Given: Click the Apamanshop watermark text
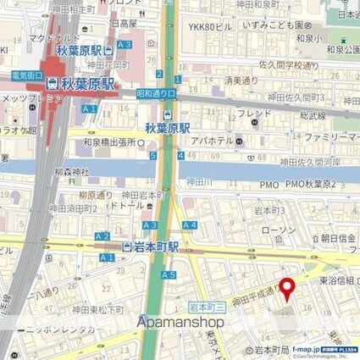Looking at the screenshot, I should click(180, 322).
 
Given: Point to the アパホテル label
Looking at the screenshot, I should click(206, 140).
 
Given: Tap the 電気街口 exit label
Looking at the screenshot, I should click(26, 75).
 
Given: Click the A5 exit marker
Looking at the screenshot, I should click(169, 275).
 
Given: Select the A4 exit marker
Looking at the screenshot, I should click(189, 224).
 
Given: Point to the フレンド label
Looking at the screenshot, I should click(254, 113).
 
